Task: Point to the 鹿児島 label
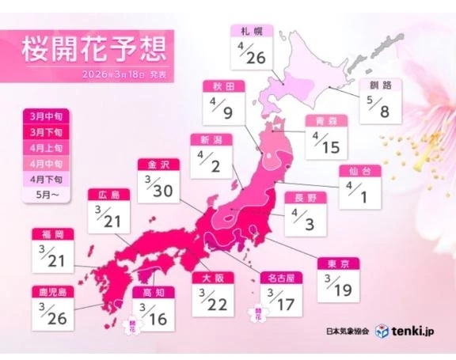click(x=52, y=291)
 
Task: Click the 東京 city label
click(x=339, y=264)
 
